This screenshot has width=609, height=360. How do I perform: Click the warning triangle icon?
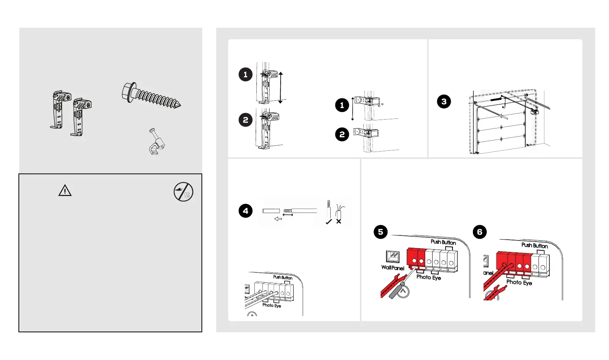point(65,190)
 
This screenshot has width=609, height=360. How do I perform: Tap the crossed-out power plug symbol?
point(183,192)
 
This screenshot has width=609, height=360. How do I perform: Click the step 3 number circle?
point(444,102)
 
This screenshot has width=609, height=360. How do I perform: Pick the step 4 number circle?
point(246,211)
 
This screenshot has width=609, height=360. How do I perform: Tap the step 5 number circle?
point(381,232)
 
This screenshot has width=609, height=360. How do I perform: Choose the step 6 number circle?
point(479,232)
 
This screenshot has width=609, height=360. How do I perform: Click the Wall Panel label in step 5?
point(393,268)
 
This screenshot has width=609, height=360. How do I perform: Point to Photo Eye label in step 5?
point(428,277)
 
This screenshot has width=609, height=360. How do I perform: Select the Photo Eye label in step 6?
point(519,282)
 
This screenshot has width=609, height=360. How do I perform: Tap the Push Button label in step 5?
point(443,242)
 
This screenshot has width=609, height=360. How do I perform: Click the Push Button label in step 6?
point(534,245)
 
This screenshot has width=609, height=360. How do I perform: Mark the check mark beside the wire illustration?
point(329,222)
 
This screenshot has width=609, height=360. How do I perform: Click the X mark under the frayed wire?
point(339,222)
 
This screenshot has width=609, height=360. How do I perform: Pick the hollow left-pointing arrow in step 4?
point(278,219)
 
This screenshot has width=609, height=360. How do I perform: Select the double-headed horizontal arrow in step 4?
point(288,215)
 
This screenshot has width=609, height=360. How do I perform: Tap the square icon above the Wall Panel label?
point(393,257)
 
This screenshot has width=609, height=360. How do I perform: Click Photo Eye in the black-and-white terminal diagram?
point(271,305)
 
